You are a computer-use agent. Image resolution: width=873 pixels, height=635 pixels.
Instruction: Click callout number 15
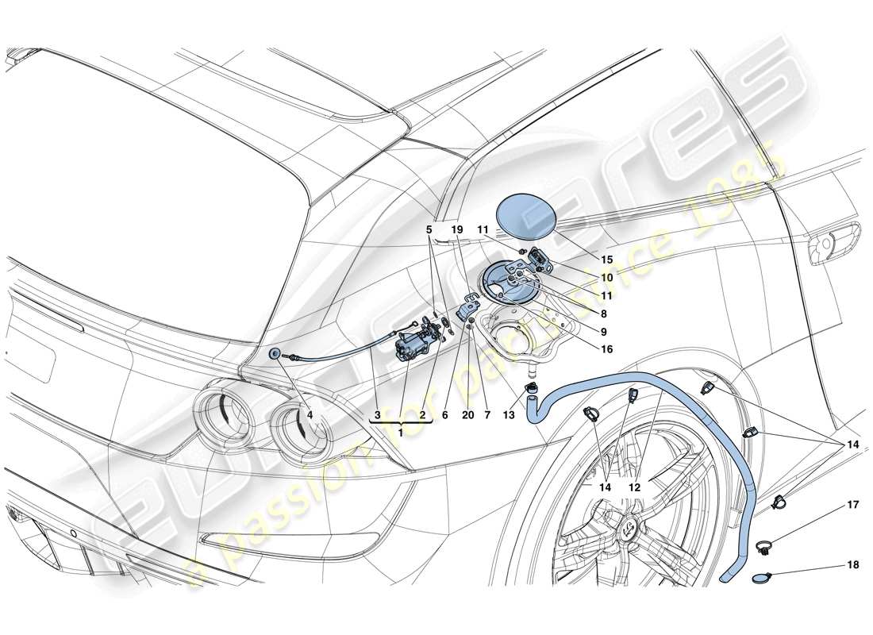607,260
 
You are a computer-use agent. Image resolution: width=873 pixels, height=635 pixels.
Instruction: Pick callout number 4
310,414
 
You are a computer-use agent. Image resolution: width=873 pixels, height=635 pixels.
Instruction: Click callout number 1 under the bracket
400,432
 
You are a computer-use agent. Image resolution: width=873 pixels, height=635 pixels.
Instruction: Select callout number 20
469,414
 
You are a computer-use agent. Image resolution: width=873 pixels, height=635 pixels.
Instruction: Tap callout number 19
456,228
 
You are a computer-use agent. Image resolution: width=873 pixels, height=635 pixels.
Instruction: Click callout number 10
607,278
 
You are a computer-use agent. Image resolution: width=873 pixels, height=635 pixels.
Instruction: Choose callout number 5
429,228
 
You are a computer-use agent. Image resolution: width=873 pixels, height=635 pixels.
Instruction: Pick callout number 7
486,414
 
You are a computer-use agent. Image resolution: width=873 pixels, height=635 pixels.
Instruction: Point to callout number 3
378,414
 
